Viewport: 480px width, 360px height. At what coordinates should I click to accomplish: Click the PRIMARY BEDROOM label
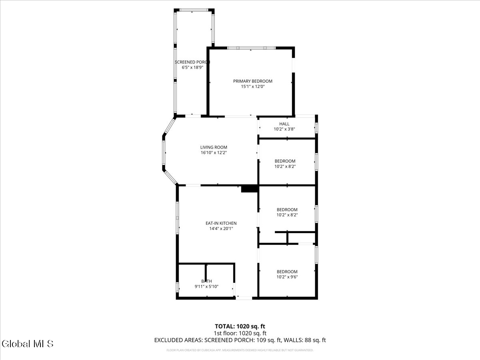click(x=252, y=81)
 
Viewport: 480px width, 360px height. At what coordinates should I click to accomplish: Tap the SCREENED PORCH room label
click(x=192, y=62)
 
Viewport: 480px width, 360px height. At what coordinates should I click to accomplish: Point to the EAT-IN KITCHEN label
click(x=221, y=223)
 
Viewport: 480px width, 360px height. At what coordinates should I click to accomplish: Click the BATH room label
click(x=206, y=281)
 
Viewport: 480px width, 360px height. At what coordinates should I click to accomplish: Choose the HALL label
click(x=284, y=124)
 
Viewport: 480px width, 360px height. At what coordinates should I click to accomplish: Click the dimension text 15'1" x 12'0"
click(x=252, y=86)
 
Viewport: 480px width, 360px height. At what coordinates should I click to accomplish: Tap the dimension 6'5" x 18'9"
click(x=192, y=68)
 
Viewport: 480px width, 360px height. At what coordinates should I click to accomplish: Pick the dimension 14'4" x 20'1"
click(x=221, y=228)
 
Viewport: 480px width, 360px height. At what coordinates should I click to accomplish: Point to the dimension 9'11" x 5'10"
click(x=206, y=286)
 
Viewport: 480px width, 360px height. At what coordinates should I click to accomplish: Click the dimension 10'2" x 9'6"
click(x=287, y=277)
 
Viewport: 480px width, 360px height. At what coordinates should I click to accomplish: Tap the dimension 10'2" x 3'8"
click(x=284, y=129)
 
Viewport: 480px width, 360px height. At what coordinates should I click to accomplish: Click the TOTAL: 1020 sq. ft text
click(x=240, y=326)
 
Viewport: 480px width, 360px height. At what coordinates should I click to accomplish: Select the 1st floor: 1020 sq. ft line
click(x=240, y=333)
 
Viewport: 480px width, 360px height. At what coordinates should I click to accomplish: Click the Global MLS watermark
click(x=28, y=344)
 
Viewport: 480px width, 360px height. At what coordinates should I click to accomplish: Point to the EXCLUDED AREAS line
click(x=240, y=340)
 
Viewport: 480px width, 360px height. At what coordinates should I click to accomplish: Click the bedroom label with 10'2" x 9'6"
click(x=287, y=272)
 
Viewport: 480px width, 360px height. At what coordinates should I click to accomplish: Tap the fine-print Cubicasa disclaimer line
click(x=240, y=350)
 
